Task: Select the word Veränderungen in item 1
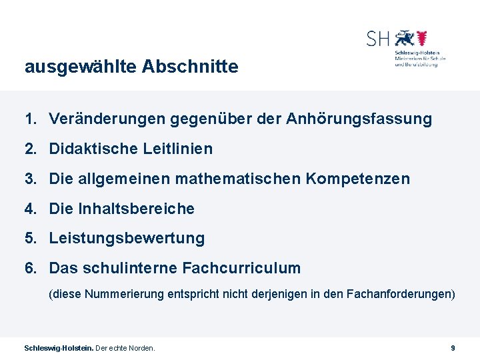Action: pyautogui.click(x=107, y=119)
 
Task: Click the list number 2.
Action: pyautogui.click(x=30, y=149)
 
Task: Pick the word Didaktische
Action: pyautogui.click(x=94, y=149)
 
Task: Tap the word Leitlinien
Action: pyautogui.click(x=178, y=149)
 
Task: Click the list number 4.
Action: pyautogui.click(x=30, y=209)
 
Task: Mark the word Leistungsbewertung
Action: pyautogui.click(x=127, y=238)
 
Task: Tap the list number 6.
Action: pyautogui.click(x=30, y=268)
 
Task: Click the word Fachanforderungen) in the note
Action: pyautogui.click(x=401, y=293)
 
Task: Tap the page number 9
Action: pyautogui.click(x=453, y=348)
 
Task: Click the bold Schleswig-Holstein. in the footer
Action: pyautogui.click(x=59, y=348)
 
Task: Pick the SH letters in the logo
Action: pyautogui.click(x=377, y=39)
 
